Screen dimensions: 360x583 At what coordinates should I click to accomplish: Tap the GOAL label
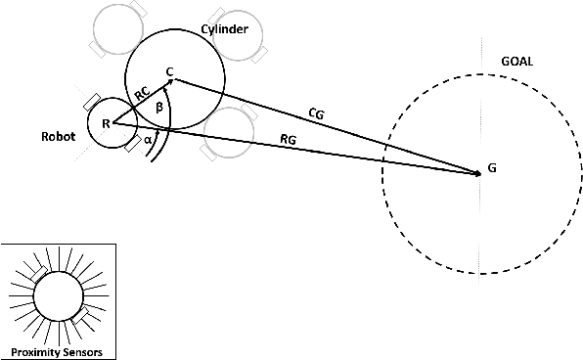tap(516, 61)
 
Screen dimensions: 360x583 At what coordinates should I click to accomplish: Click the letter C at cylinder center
tap(169, 71)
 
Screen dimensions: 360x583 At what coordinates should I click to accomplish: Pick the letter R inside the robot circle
tap(105, 123)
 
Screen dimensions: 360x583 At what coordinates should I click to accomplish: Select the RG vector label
tap(289, 141)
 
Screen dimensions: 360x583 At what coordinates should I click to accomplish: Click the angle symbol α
tap(148, 140)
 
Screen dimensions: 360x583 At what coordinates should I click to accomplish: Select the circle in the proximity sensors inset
tap(58, 294)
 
